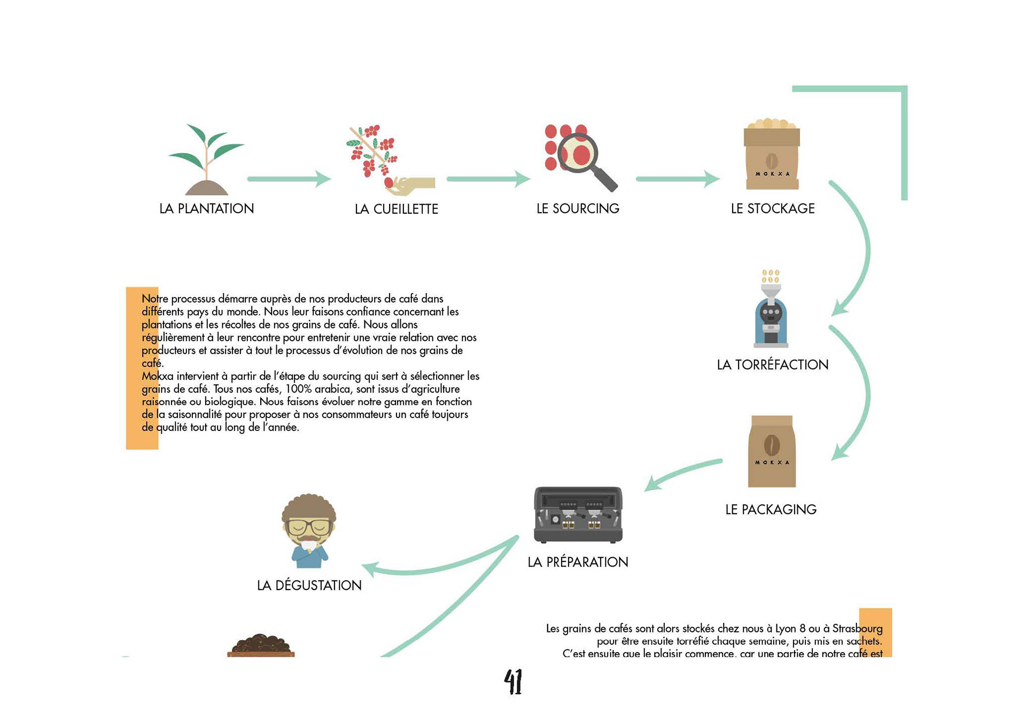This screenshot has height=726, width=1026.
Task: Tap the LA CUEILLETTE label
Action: (x=396, y=209)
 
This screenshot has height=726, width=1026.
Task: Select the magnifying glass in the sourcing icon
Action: (x=586, y=157)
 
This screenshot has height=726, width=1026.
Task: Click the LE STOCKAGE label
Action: (x=772, y=208)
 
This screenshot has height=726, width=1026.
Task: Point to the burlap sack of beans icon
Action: (x=772, y=155)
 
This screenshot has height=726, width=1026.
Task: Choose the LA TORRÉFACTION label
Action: (x=772, y=365)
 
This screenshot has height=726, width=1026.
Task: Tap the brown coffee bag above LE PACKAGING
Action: (x=772, y=452)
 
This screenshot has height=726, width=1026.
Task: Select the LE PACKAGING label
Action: (x=771, y=509)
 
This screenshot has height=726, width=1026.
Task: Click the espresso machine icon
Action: (x=578, y=515)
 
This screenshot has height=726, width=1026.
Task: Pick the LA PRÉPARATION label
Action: (x=578, y=562)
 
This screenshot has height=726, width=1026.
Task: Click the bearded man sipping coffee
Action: (x=309, y=530)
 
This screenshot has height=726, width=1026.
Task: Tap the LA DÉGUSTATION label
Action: (x=309, y=585)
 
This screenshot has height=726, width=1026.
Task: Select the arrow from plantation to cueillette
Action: (x=289, y=179)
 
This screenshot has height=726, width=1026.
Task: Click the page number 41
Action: (x=513, y=682)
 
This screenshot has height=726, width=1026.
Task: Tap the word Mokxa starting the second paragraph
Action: (x=157, y=376)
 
